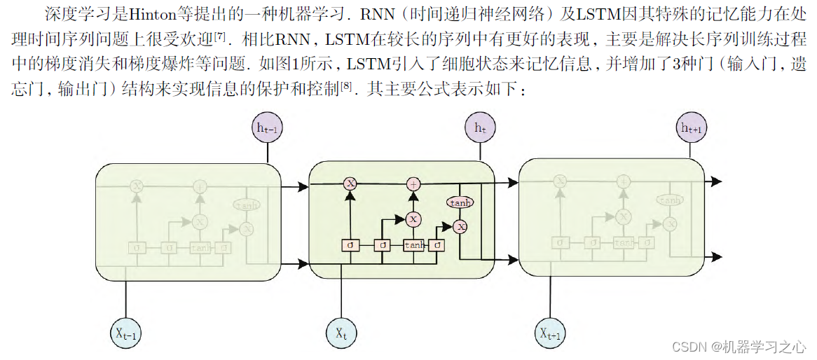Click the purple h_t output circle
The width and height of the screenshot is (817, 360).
pyautogui.click(x=480, y=128)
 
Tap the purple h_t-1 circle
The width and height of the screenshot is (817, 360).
pyautogui.click(x=267, y=128)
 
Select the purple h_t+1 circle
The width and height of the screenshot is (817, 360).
pyautogui.click(x=692, y=127)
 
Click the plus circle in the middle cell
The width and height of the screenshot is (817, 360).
pyautogui.click(x=413, y=184)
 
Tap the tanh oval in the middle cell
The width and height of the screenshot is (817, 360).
pyautogui.click(x=460, y=202)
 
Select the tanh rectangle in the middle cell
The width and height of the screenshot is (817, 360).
pyautogui.click(x=414, y=245)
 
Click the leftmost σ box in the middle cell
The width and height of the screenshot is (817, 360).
pyautogui.click(x=349, y=245)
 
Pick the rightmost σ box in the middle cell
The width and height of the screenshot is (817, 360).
pyautogui.click(x=438, y=245)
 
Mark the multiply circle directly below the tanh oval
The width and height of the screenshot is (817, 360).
pyautogui.click(x=460, y=226)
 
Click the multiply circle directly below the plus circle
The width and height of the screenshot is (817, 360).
pyautogui.click(x=413, y=219)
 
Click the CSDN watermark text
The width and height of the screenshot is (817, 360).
pyautogui.click(x=739, y=347)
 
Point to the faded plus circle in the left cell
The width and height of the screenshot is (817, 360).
pyautogui.click(x=200, y=187)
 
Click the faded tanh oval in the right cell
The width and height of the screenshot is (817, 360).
pyautogui.click(x=670, y=200)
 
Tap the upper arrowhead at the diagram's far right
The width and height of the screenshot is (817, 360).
pyautogui.click(x=715, y=181)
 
